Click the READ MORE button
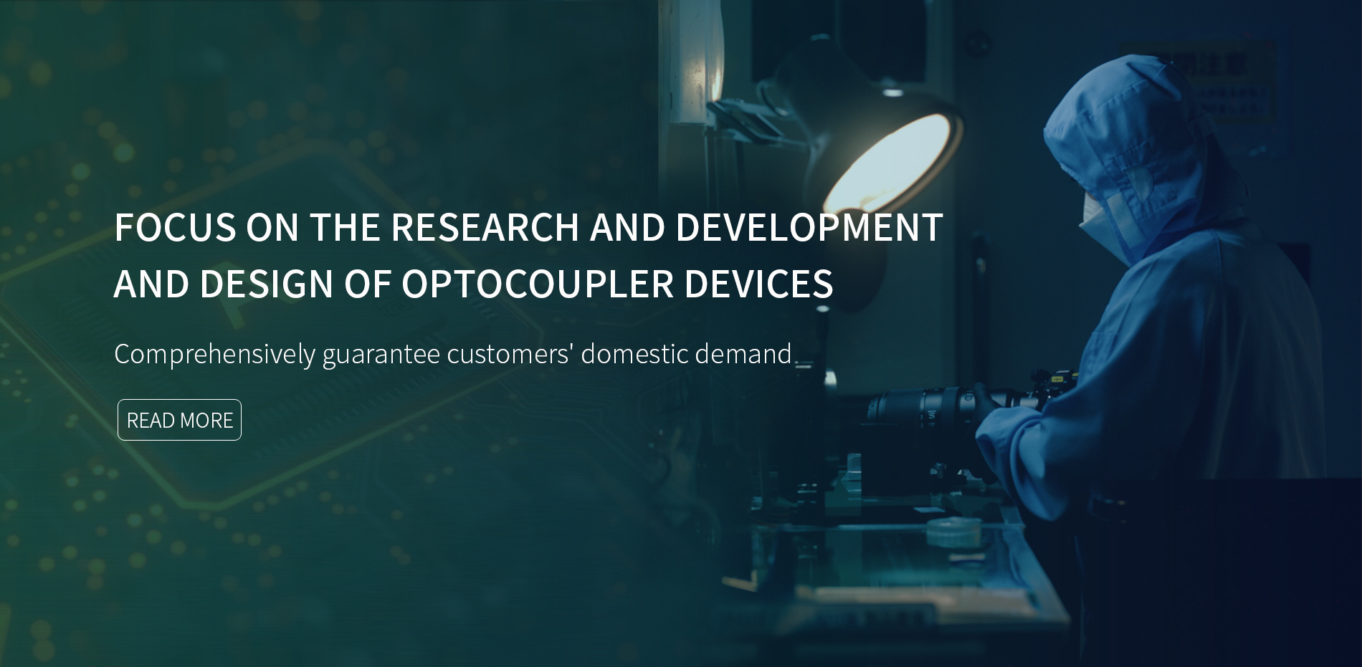tap(179, 420)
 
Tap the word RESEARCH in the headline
tap(485, 227)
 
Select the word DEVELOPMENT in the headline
tap(809, 227)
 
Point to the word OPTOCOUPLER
tap(538, 283)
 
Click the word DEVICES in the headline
tap(758, 283)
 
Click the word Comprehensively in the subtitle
tap(214, 354)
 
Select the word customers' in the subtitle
tap(509, 354)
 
